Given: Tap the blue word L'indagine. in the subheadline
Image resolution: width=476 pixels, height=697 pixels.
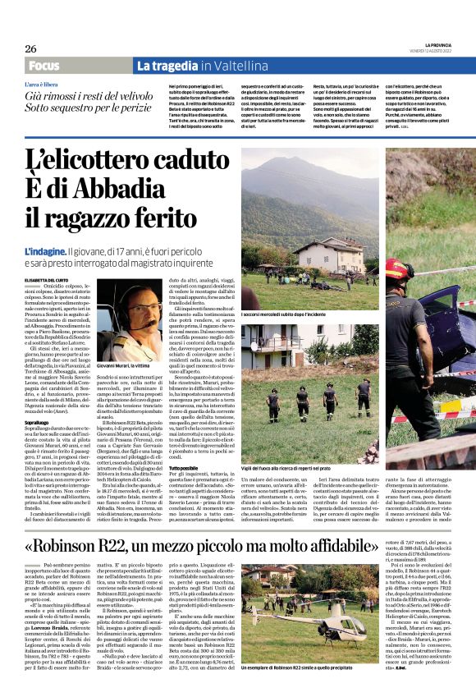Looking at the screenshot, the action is pos(46,250).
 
